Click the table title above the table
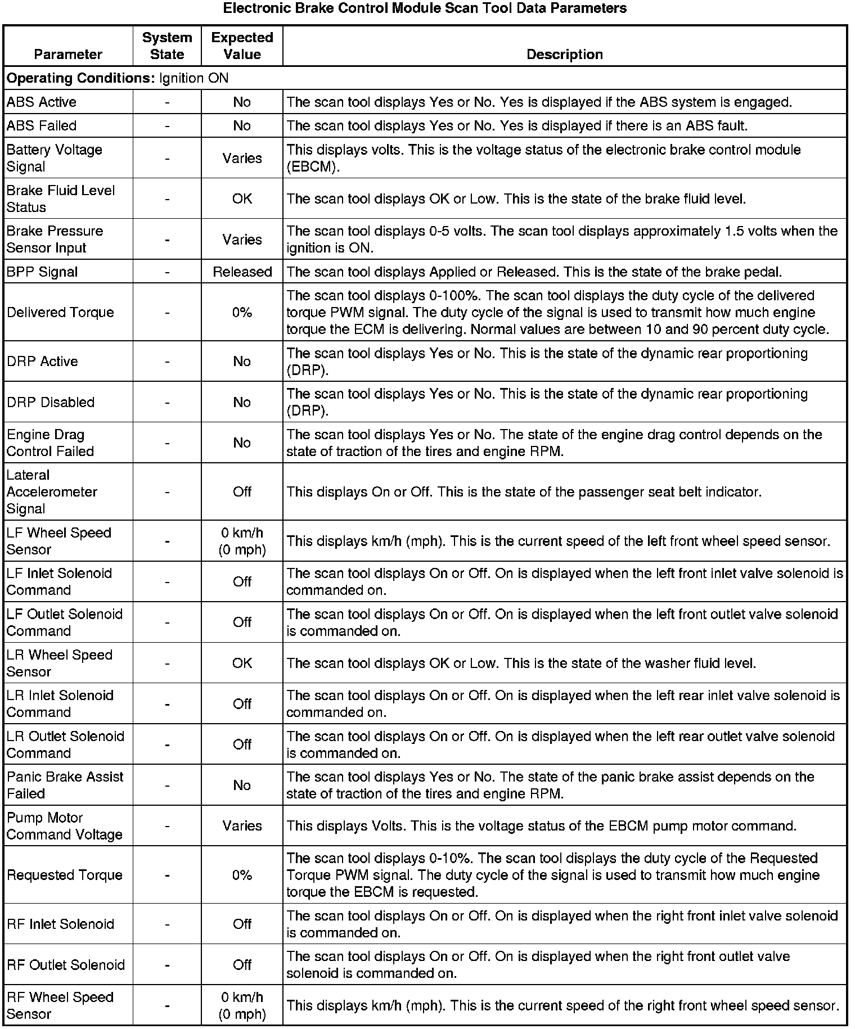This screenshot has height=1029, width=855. [425, 8]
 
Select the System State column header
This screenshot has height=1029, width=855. [167, 46]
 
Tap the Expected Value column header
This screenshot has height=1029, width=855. [242, 46]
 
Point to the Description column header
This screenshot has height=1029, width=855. [564, 55]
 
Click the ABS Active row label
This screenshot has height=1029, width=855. [42, 102]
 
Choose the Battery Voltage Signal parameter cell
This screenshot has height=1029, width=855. [54, 158]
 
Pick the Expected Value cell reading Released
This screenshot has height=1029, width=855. [242, 272]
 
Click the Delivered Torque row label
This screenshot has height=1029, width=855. [60, 313]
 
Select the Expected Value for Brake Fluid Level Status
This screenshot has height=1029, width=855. [242, 199]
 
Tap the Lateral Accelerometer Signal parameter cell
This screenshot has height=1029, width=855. [52, 492]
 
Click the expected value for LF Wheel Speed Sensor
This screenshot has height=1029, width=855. [242, 541]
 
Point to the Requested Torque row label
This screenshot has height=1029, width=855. [65, 875]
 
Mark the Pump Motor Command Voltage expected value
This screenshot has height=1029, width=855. [242, 826]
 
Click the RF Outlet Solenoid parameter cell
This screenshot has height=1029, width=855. [65, 965]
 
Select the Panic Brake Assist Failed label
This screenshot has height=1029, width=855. [65, 785]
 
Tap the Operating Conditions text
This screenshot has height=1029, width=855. [118, 78]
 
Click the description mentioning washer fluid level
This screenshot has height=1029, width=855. [521, 664]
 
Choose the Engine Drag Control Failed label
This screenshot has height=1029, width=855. [50, 443]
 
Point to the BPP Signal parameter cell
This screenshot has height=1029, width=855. [42, 272]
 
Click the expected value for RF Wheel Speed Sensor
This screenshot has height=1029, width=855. [242, 1005]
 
